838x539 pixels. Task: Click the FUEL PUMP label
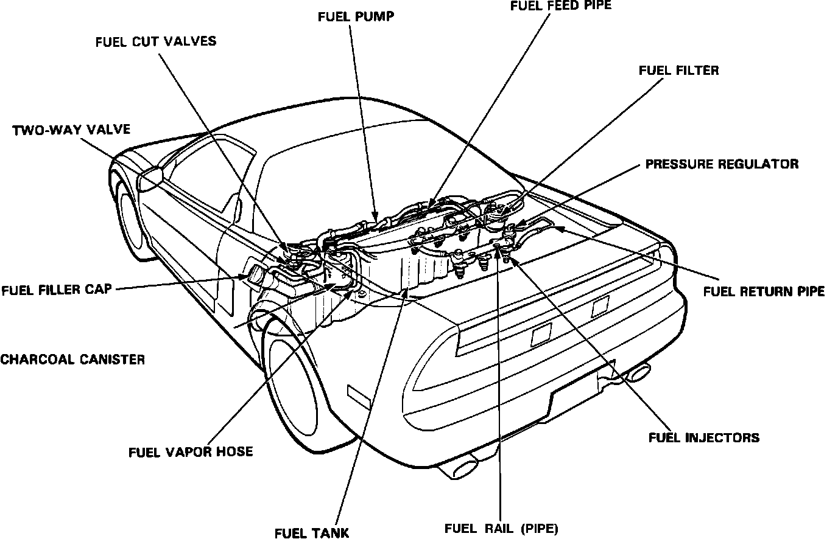pyautogui.click(x=356, y=16)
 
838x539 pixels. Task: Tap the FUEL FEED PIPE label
pyautogui.click(x=560, y=6)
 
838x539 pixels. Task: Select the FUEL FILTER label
pyautogui.click(x=678, y=71)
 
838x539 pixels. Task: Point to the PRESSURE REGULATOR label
pyautogui.click(x=722, y=164)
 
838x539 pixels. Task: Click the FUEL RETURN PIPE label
pyautogui.click(x=764, y=291)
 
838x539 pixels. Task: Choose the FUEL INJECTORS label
pyautogui.click(x=703, y=437)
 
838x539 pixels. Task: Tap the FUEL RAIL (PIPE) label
pyautogui.click(x=501, y=528)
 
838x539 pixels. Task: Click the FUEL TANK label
pyautogui.click(x=312, y=533)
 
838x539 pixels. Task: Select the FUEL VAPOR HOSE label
pyautogui.click(x=191, y=452)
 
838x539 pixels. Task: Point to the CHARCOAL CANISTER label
pyautogui.click(x=72, y=359)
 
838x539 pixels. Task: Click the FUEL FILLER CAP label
pyautogui.click(x=57, y=289)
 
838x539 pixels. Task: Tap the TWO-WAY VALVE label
pyautogui.click(x=71, y=130)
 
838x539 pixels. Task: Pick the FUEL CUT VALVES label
pyautogui.click(x=156, y=41)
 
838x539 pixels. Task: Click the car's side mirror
pyautogui.click(x=151, y=177)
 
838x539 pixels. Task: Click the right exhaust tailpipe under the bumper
pyautogui.click(x=637, y=372)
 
